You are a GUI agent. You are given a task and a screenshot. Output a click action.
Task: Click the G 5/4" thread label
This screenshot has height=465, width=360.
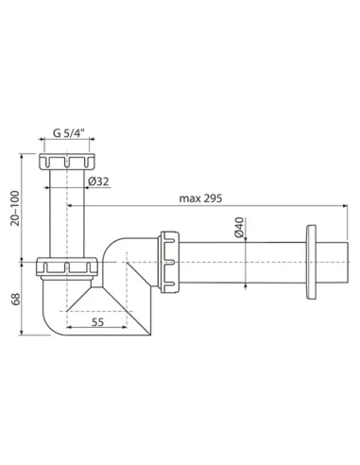tap(68, 133)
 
